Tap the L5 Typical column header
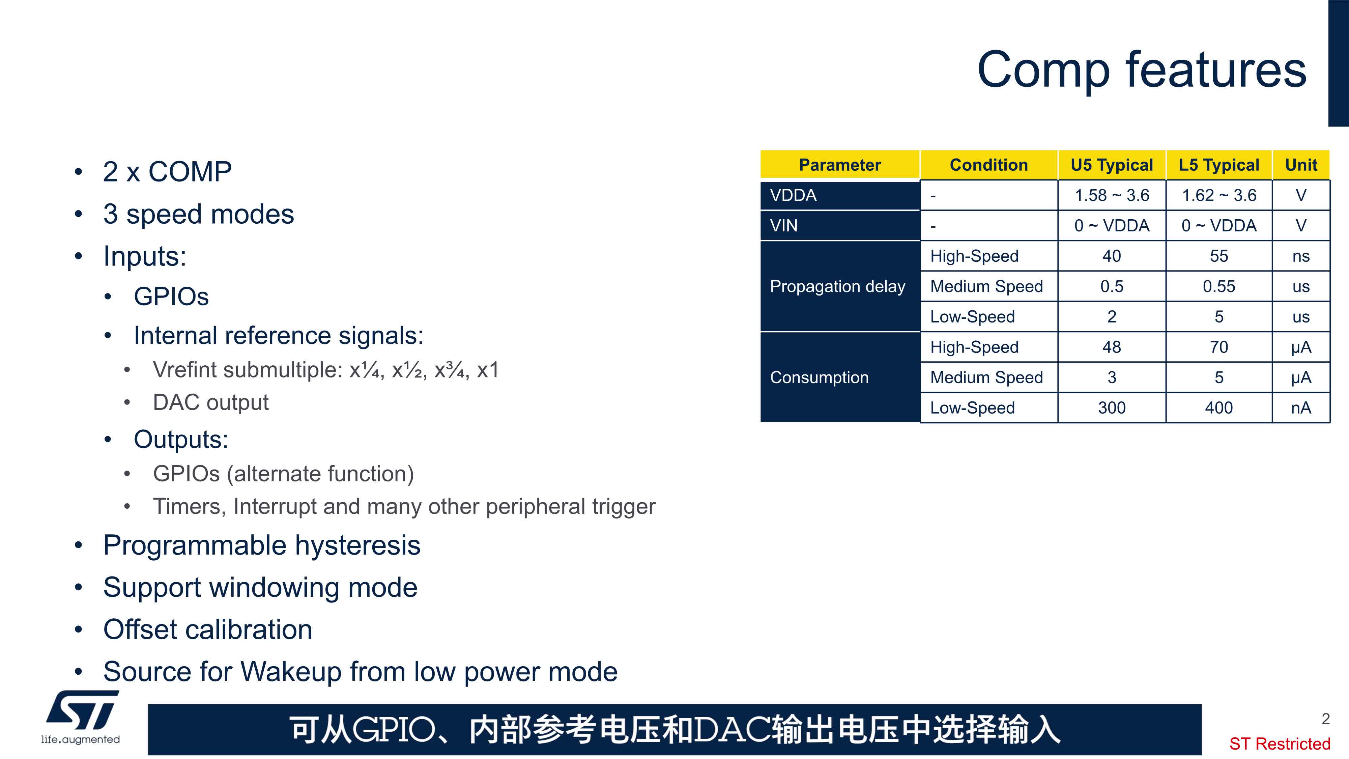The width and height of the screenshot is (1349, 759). tap(1218, 165)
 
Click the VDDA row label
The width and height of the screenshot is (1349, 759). tap(793, 195)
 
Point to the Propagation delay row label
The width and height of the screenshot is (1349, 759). tap(837, 286)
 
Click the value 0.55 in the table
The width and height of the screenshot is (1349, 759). tap(1218, 286)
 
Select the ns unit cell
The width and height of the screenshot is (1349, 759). tap(1301, 256)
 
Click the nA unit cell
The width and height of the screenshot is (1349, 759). tap(1301, 407)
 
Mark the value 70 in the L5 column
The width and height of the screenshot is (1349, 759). tap(1218, 347)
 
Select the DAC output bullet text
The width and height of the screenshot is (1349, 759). tap(210, 402)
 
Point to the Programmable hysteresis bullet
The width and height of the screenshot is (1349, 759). tap(262, 545)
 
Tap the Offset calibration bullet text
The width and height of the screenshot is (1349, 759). tap(208, 629)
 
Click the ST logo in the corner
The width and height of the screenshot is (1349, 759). tap(81, 716)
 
